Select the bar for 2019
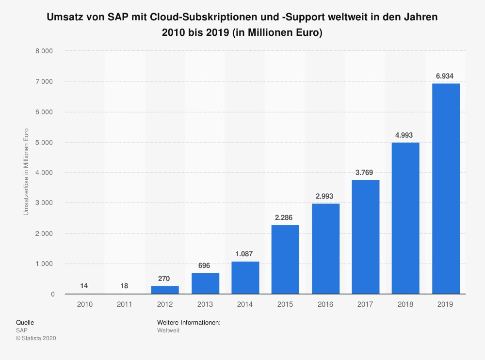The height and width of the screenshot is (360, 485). [446, 189]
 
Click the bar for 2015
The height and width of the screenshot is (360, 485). [285, 259]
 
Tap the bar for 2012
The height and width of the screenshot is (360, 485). [165, 290]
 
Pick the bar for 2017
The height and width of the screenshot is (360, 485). [366, 237]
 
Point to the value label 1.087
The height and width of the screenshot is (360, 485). [245, 253]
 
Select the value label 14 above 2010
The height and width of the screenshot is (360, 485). [84, 286]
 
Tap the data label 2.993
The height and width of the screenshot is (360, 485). [325, 196]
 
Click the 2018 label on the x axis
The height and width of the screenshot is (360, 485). [405, 304]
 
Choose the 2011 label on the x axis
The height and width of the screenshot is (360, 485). [125, 304]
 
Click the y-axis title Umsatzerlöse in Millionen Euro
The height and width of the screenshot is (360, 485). [26, 172]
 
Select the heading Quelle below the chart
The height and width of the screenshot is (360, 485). [25, 322]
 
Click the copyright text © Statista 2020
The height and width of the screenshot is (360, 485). [36, 338]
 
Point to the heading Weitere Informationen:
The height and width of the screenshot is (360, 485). [189, 322]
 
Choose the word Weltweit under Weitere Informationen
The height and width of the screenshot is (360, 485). [168, 330]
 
